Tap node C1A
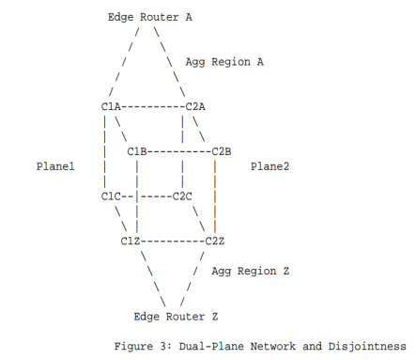111,106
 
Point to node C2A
195,106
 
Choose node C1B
137,151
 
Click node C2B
222,151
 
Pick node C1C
111,196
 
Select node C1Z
131,242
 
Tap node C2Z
215,242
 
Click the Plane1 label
55,166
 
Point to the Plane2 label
270,166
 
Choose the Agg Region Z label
250,272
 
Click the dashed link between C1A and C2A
153,106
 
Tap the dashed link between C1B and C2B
179,151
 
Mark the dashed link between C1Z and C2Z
173,242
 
